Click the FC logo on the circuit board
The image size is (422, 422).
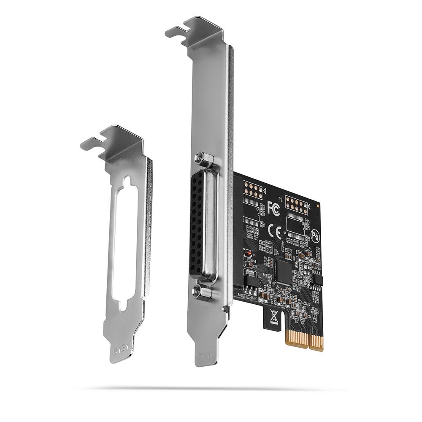coord(273,208)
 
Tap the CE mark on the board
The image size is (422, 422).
coord(274,231)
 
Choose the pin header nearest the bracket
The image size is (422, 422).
coord(253,191)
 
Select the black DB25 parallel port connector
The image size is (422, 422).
coord(200,224)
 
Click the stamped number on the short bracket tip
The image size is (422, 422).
coord(119,350)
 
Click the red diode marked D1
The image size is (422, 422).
coord(249,254)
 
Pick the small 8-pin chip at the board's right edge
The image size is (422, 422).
coord(318,279)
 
